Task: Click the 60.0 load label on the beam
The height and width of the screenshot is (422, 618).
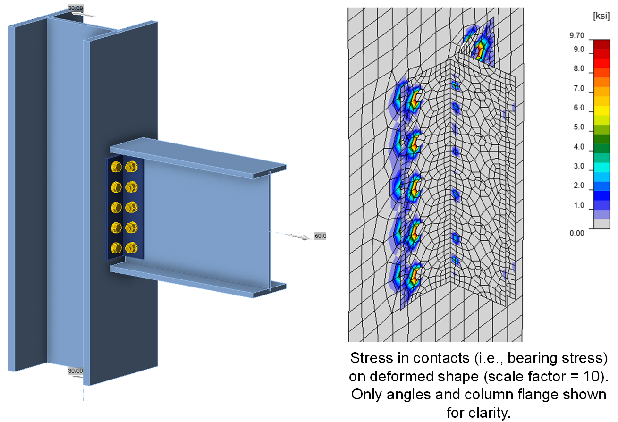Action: (320, 236)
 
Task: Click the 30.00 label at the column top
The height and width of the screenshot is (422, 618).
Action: (75, 8)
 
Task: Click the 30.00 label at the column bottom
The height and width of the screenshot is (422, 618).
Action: (76, 371)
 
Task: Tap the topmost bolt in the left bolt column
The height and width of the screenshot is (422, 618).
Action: (116, 167)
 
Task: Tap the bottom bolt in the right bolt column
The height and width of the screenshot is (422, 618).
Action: (132, 247)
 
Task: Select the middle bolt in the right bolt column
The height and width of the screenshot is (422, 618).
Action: (132, 207)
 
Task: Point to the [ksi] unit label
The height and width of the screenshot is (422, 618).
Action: (599, 16)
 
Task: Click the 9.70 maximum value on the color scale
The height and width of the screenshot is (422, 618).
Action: (577, 35)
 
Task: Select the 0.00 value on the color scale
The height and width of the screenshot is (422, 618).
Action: (577, 233)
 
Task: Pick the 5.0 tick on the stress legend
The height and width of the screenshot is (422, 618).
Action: (577, 127)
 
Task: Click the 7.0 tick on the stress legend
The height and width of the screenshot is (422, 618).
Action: (577, 88)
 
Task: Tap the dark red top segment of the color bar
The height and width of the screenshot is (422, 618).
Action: (601, 44)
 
